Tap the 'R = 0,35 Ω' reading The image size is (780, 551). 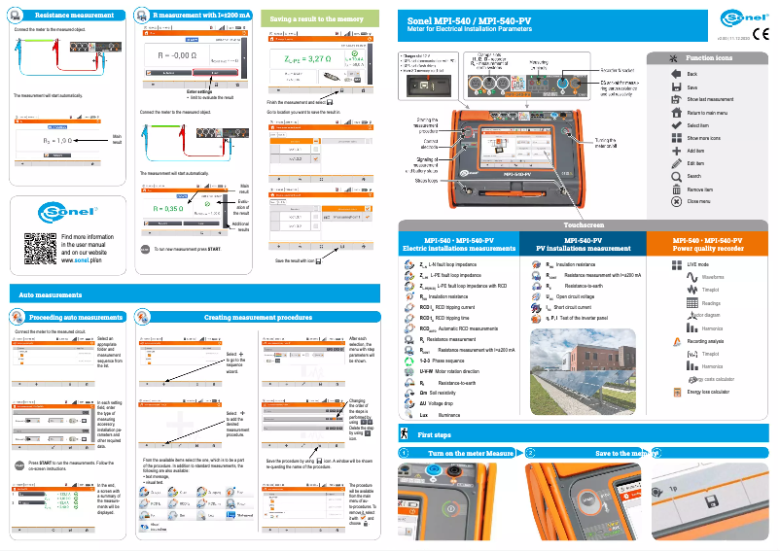[x=169, y=208]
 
